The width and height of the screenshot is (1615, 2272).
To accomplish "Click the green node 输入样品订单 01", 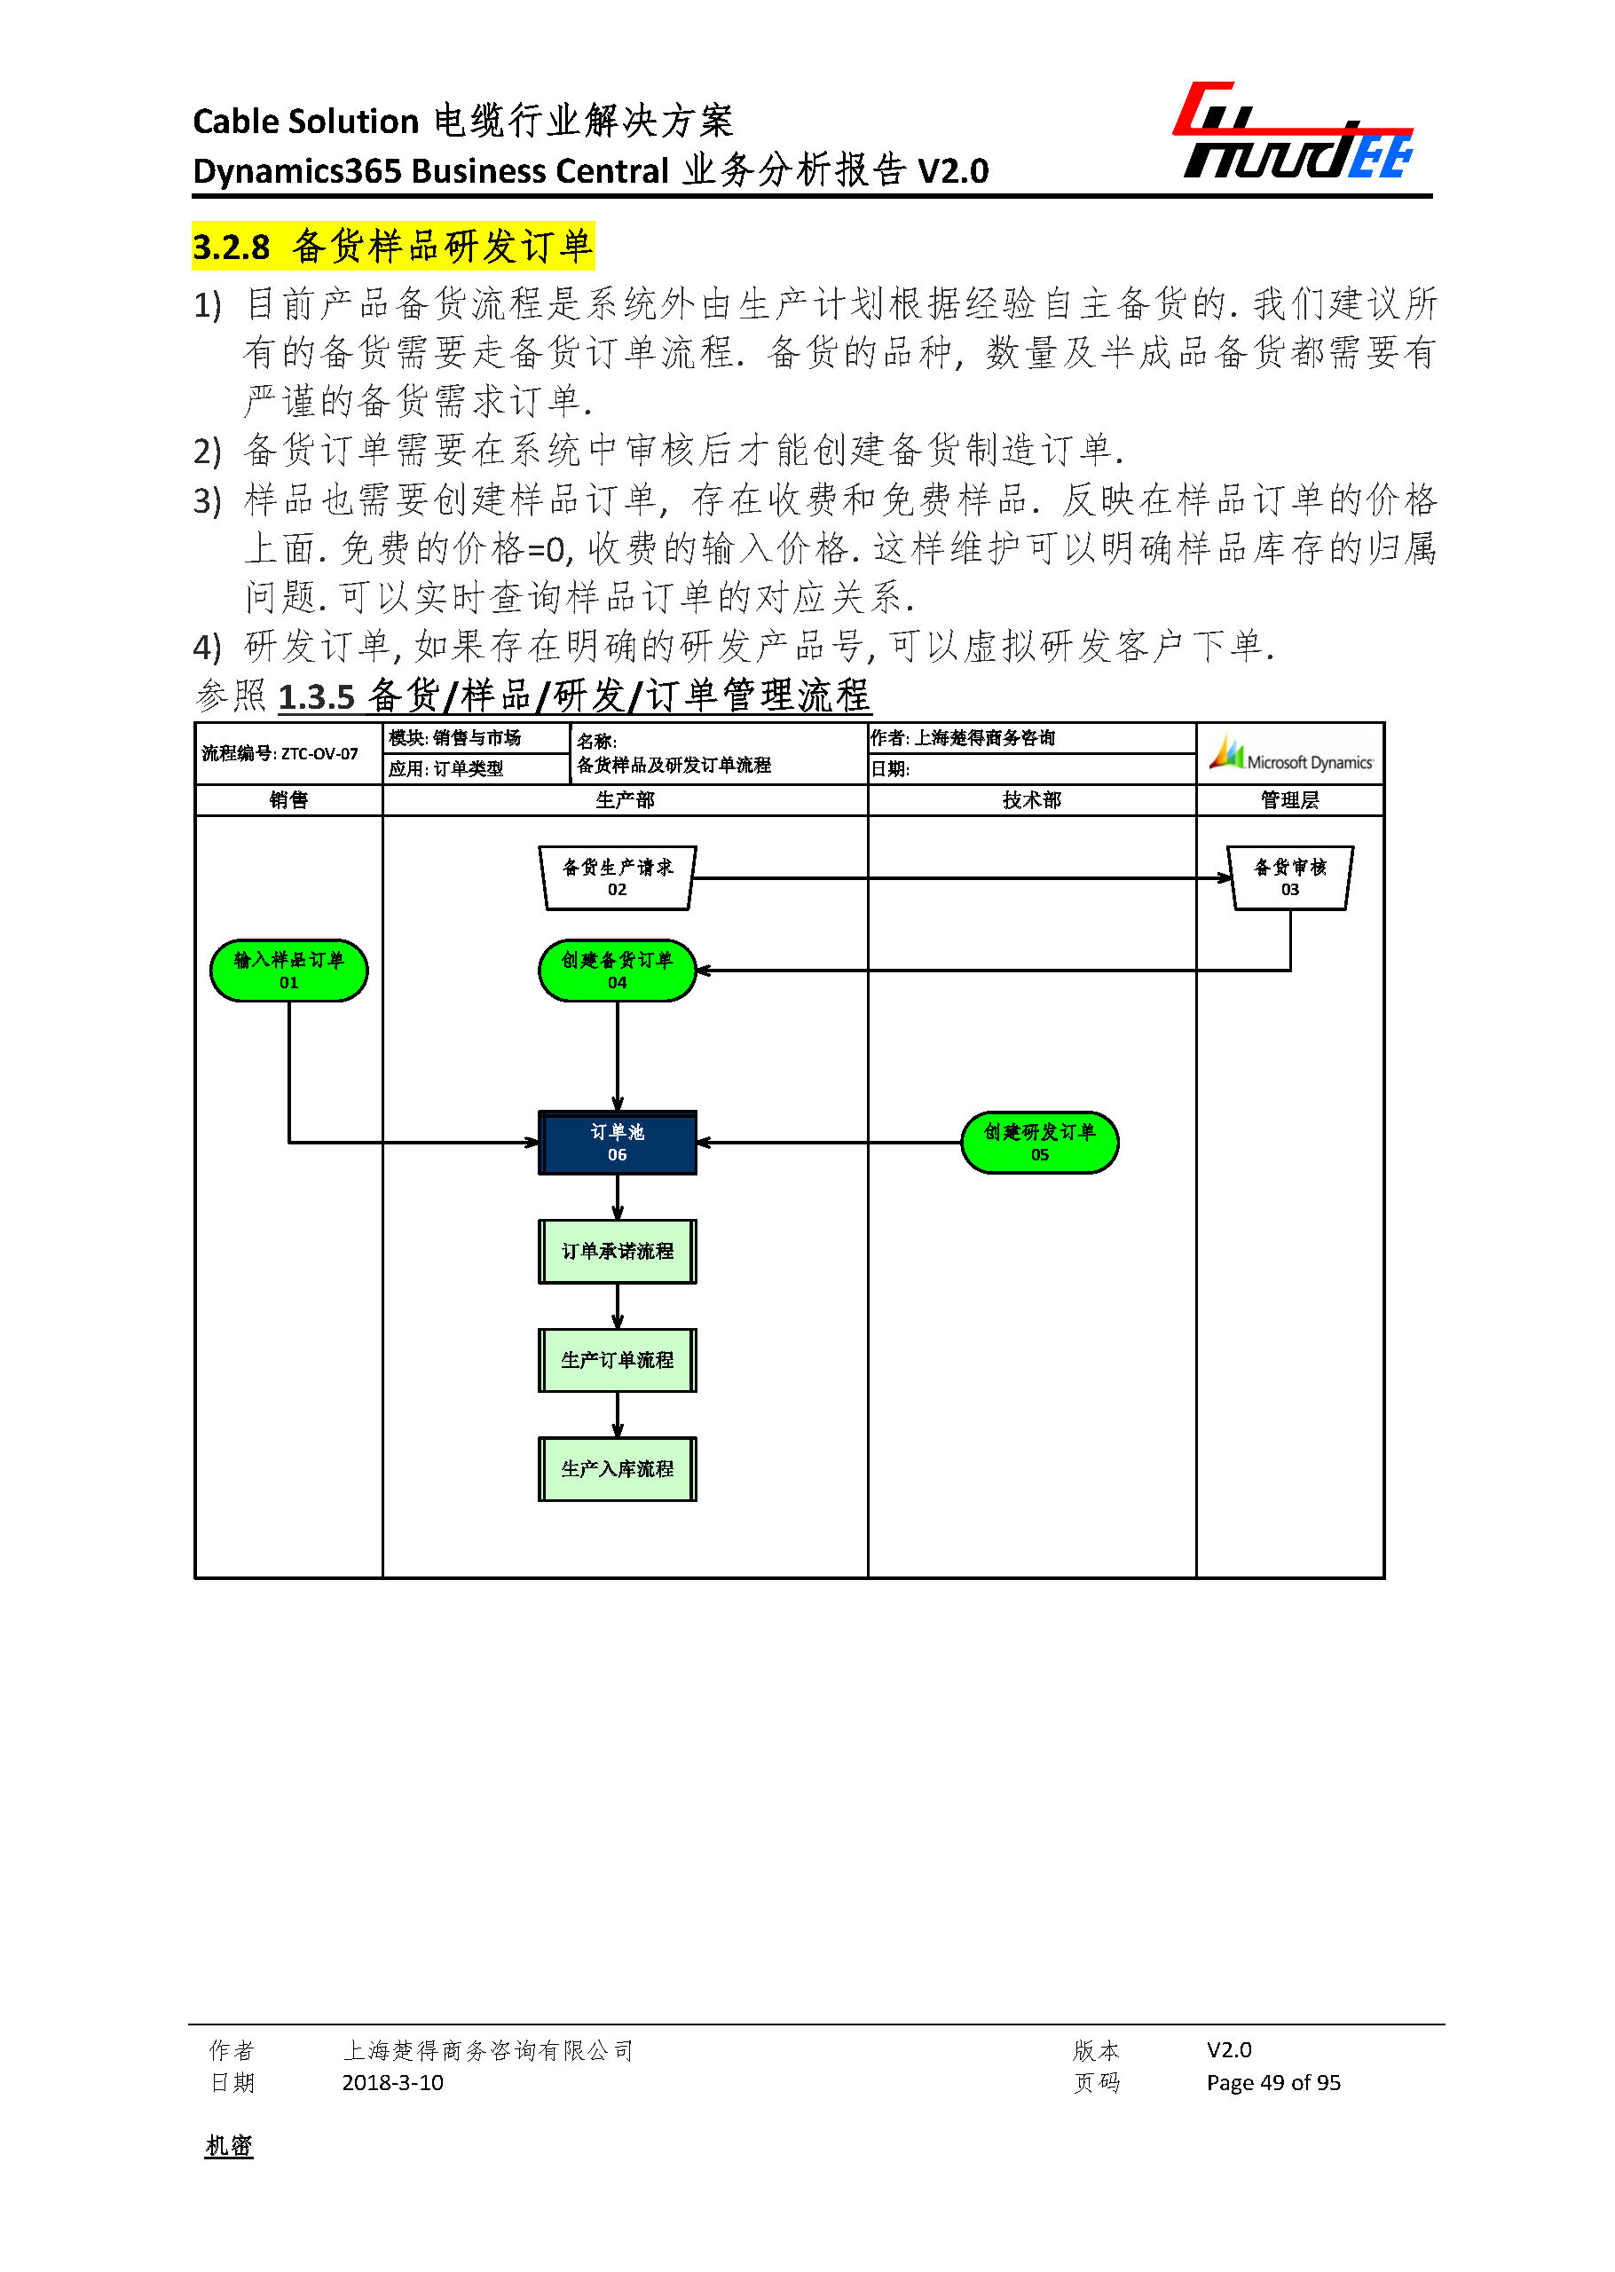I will (x=288, y=970).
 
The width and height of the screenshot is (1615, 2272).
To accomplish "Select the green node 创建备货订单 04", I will (x=617, y=970).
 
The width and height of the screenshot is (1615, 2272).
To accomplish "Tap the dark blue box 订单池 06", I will (x=617, y=1143).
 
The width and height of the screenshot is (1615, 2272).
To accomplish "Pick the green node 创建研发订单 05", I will (x=1039, y=1143).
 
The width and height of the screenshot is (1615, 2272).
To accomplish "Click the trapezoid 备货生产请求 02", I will (x=617, y=878).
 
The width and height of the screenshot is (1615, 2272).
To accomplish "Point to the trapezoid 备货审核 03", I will (x=1290, y=878).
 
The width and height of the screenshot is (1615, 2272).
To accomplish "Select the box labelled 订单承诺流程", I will (x=617, y=1251).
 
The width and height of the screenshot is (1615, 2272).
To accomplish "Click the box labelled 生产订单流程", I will (x=617, y=1359).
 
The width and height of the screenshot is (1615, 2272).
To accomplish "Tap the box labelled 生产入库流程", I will (x=617, y=1468).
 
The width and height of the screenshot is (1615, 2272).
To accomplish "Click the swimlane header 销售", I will (x=288, y=800).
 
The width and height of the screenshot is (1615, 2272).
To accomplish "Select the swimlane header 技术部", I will (x=1031, y=800).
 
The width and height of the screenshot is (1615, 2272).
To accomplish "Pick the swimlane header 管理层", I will (x=1290, y=800).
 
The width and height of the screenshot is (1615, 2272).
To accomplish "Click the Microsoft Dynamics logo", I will (x=1290, y=755).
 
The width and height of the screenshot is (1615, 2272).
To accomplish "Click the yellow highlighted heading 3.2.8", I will (x=393, y=246).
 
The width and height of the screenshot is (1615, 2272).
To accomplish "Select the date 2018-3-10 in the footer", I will (x=393, y=2082).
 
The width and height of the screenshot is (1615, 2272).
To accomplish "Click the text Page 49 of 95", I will (x=1272, y=2082).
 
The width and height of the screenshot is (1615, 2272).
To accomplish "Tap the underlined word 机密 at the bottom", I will (x=229, y=2146).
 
